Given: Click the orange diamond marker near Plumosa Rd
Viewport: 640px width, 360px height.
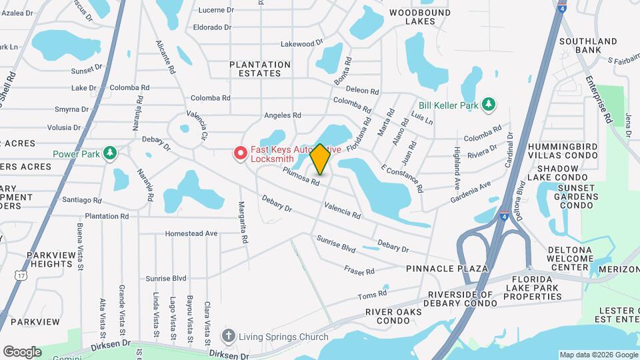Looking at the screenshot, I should pos(320,160).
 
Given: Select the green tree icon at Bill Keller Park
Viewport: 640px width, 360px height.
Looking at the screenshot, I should pos(489,105).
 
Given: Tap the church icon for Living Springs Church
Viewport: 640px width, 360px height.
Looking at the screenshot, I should pos(229,335).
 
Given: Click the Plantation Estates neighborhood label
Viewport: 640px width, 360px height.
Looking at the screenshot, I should pos(260,69).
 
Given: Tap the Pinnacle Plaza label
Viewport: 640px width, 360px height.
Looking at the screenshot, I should pos(447,268).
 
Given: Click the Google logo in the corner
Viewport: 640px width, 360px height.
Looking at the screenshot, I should pos(22,351).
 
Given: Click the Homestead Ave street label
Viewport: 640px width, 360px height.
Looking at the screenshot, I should pos(192,234).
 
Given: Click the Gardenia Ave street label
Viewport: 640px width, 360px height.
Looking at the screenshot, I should pos(471,189).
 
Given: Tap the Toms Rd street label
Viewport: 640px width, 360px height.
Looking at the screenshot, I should pos(372,294).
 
